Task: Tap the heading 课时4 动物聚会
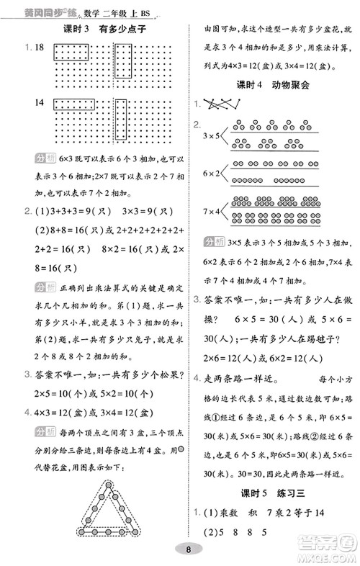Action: click(271, 85)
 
